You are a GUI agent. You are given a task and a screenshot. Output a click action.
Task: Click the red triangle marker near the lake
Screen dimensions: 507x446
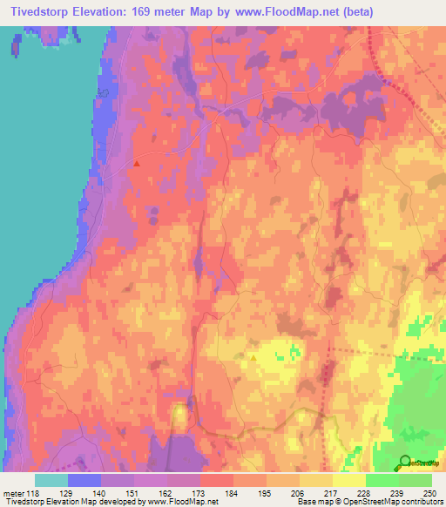click(138, 162)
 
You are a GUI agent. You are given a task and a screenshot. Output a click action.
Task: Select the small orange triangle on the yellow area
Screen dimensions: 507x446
click(253, 357)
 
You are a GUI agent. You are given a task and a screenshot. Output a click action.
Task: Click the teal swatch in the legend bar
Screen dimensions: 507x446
click(51, 480)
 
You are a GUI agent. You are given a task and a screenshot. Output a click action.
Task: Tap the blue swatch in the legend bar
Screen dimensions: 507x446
click(84, 480)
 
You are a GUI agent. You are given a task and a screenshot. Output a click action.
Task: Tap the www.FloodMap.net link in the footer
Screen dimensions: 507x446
click(183, 503)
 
